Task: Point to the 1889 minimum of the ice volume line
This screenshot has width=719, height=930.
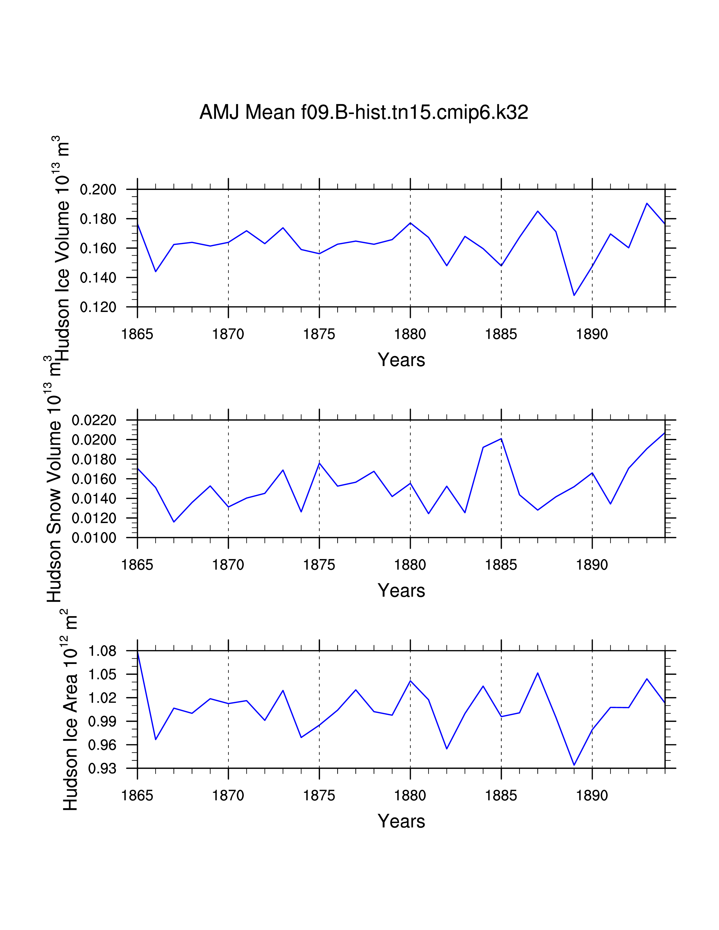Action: click(574, 295)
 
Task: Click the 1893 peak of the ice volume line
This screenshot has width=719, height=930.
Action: click(647, 203)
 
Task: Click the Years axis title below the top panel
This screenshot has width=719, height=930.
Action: click(401, 360)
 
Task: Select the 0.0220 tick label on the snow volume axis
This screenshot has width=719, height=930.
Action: click(94, 421)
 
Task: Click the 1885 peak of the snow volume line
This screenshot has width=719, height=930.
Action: click(501, 439)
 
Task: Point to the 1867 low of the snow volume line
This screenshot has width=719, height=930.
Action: click(174, 522)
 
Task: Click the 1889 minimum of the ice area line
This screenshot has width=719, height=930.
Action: click(574, 765)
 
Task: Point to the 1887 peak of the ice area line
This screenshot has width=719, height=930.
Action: click(537, 673)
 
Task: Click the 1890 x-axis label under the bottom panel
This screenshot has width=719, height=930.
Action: click(592, 796)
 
